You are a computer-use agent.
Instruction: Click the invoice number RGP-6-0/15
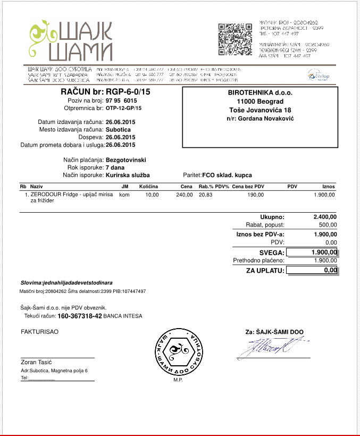pyautogui.click(x=128, y=93)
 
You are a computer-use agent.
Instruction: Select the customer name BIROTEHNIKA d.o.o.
pyautogui.click(x=260, y=93)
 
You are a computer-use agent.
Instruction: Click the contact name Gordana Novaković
pyautogui.click(x=260, y=119)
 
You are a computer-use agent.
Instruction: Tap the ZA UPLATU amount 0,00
pyautogui.click(x=330, y=271)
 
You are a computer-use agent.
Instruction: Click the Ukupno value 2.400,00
pyautogui.click(x=325, y=217)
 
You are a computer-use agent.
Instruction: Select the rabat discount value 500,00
pyautogui.click(x=327, y=225)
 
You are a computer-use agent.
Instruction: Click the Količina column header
pyautogui.click(x=149, y=187)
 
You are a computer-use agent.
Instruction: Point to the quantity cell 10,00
pyautogui.click(x=152, y=195)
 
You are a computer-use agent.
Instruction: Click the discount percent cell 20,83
pyautogui.click(x=205, y=195)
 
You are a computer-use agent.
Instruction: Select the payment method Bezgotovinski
pyautogui.click(x=126, y=160)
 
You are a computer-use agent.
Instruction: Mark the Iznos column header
pyautogui.click(x=328, y=187)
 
